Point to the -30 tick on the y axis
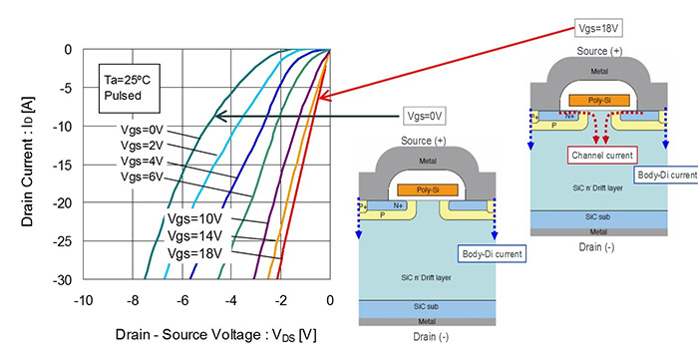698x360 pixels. pyautogui.click(x=63, y=279)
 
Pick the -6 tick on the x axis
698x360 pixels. pyautogui.click(x=181, y=298)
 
